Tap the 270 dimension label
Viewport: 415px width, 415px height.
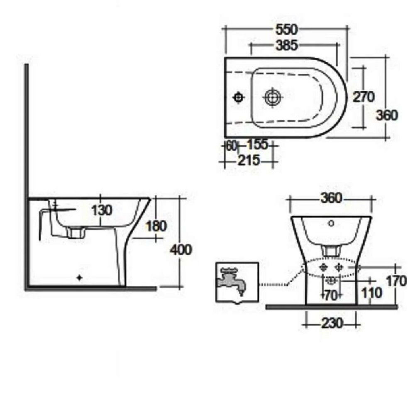[364, 97]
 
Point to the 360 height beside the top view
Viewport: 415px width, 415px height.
[387, 115]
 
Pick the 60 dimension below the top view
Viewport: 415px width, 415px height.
[231, 145]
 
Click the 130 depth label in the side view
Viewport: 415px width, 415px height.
[102, 210]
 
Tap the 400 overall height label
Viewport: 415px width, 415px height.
[181, 250]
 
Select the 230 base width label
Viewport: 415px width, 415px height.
[331, 323]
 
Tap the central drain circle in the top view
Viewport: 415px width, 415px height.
[272, 98]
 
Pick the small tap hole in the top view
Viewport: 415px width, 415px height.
[239, 98]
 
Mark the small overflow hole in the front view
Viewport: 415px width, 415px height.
[331, 223]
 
